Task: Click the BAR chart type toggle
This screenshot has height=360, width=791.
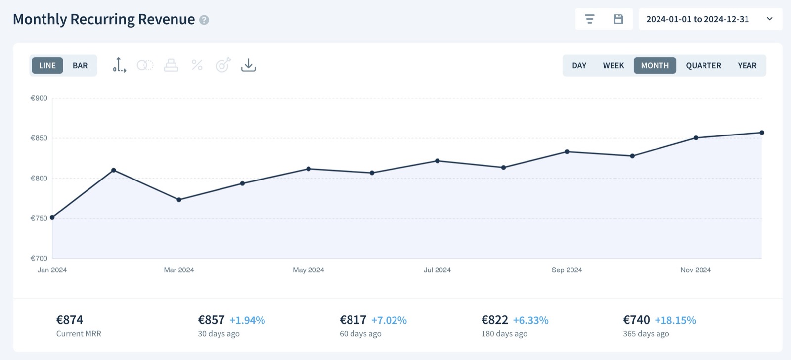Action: (x=80, y=65)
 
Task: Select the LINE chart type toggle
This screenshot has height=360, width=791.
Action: (x=47, y=65)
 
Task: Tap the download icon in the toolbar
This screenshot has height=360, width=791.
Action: (x=248, y=65)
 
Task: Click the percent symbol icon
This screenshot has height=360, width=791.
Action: (x=197, y=65)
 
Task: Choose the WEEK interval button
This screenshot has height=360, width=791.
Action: (x=613, y=65)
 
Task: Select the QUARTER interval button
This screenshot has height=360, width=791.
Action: (x=703, y=65)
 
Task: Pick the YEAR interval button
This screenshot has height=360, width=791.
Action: (x=747, y=65)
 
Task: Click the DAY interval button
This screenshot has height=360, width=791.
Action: (x=579, y=65)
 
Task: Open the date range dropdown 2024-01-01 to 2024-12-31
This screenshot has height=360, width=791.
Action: (x=710, y=19)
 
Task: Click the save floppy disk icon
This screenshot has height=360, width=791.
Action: (x=618, y=19)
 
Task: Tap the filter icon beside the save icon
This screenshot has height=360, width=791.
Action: (x=589, y=19)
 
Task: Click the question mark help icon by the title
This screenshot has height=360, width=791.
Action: (x=204, y=20)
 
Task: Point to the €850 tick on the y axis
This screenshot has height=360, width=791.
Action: (x=39, y=138)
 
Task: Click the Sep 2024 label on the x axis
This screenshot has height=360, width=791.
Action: (x=567, y=270)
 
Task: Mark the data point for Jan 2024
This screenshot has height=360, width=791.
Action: (x=52, y=217)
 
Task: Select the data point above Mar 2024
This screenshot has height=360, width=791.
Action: (x=179, y=200)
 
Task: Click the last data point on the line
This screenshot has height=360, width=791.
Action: (x=762, y=133)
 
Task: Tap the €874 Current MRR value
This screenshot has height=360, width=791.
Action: (x=70, y=320)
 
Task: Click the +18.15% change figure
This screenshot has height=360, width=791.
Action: (x=675, y=320)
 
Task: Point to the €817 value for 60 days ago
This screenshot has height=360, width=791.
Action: (x=353, y=320)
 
